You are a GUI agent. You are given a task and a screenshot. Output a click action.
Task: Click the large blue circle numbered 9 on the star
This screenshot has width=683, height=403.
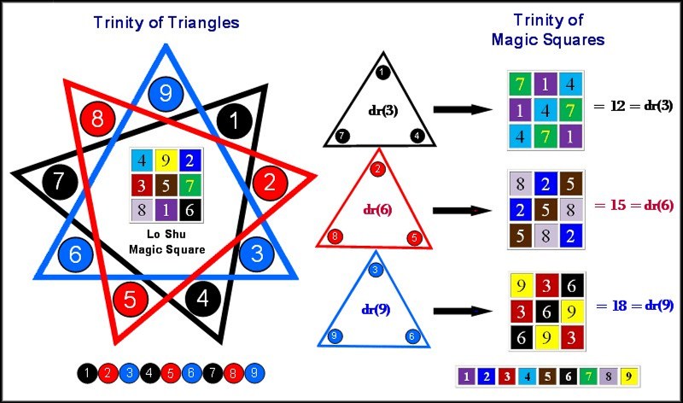(166, 94)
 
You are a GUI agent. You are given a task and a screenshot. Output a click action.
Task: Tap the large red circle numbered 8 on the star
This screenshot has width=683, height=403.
(97, 119)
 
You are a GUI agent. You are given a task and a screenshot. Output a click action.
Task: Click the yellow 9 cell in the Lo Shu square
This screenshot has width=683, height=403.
(165, 160)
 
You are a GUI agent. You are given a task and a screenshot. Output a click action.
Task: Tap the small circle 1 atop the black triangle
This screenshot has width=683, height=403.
(382, 72)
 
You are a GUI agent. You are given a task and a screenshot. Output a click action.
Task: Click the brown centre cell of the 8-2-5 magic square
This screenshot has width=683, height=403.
(544, 209)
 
